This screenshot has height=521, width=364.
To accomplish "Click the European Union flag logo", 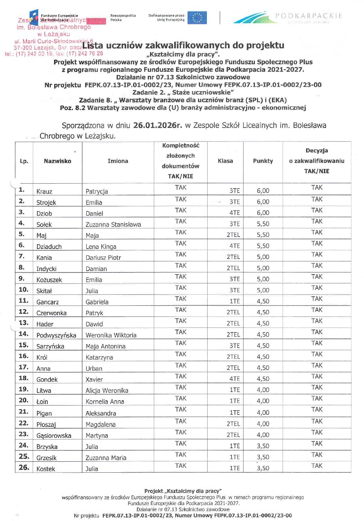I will [197, 18].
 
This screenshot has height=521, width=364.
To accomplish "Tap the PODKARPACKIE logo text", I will [309, 16].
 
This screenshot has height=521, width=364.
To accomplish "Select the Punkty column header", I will [263, 161].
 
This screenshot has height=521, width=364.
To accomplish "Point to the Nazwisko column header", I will [58, 161].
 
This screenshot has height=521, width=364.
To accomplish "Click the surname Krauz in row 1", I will [44, 191].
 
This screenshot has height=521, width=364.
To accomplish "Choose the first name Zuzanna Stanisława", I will [113, 224].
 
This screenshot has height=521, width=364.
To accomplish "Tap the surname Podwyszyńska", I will [56, 335].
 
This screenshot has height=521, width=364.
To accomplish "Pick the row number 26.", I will [24, 467].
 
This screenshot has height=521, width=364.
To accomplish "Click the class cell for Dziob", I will [234, 213].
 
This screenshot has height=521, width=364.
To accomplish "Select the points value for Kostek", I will [263, 468].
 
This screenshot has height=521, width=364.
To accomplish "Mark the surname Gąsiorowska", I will [54, 435].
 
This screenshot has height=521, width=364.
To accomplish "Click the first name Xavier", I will [94, 379].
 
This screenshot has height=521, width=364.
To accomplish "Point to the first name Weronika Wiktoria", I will [111, 335].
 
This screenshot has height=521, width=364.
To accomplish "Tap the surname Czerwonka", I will [52, 313].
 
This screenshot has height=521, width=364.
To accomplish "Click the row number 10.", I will [23, 289].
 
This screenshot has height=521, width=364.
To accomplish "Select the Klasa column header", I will [225, 161].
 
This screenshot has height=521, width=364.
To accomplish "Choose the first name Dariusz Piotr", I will [103, 257].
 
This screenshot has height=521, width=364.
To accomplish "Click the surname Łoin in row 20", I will [42, 402].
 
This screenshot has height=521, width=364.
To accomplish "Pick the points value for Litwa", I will [263, 390].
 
